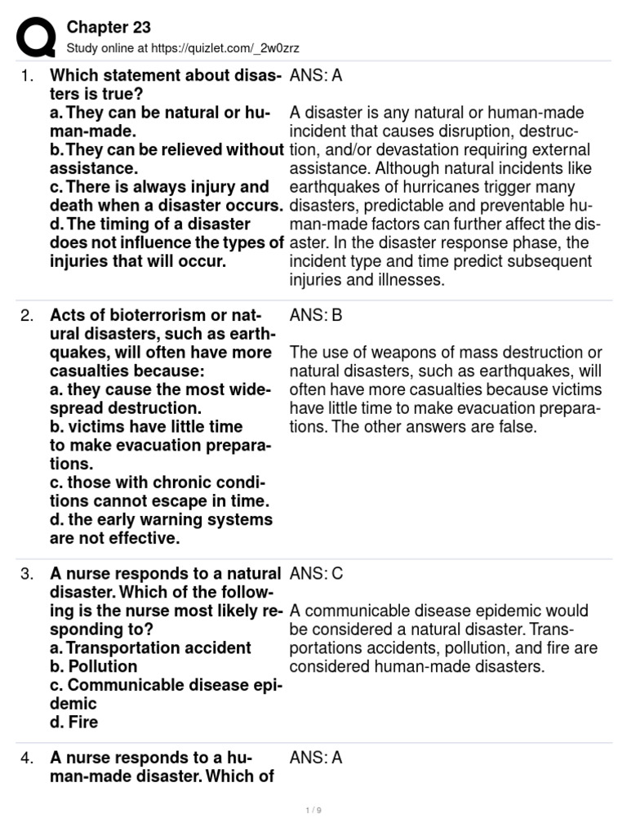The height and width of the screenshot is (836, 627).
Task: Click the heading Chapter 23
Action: point(109,28)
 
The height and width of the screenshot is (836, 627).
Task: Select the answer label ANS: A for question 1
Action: point(316,76)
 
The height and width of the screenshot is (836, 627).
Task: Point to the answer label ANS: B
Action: point(316,316)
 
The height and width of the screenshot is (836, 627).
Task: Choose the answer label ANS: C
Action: point(317,574)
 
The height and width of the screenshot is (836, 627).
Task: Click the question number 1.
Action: point(28,76)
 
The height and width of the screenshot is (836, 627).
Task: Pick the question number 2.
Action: point(28,316)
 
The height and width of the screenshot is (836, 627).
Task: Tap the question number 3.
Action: point(28,574)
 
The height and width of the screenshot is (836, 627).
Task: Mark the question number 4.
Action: point(28,758)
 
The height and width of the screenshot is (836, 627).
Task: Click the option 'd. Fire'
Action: point(74,723)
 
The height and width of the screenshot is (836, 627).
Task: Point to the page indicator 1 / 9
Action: point(313,810)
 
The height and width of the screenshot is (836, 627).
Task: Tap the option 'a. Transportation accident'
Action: point(151,648)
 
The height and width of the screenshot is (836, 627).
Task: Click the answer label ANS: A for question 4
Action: point(316,758)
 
